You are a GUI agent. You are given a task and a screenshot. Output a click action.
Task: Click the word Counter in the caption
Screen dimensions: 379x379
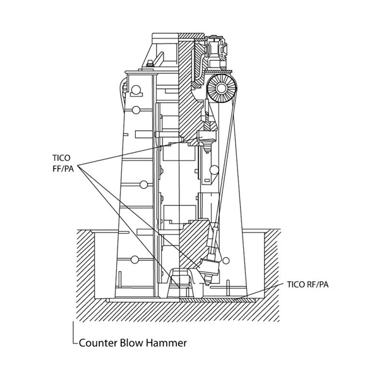(x=98, y=343)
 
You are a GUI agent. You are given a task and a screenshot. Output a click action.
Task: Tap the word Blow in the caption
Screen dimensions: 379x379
(x=131, y=343)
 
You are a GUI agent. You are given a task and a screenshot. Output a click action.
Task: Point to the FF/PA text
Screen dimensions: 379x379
(x=63, y=169)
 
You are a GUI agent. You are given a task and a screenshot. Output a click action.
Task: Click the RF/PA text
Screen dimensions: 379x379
(x=318, y=284)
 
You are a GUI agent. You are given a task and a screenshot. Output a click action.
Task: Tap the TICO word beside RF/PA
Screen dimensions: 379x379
(x=296, y=284)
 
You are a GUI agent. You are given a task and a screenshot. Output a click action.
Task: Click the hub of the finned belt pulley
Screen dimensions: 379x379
(x=221, y=88)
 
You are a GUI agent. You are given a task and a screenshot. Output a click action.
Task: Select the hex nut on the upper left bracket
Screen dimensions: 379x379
(x=150, y=64)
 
